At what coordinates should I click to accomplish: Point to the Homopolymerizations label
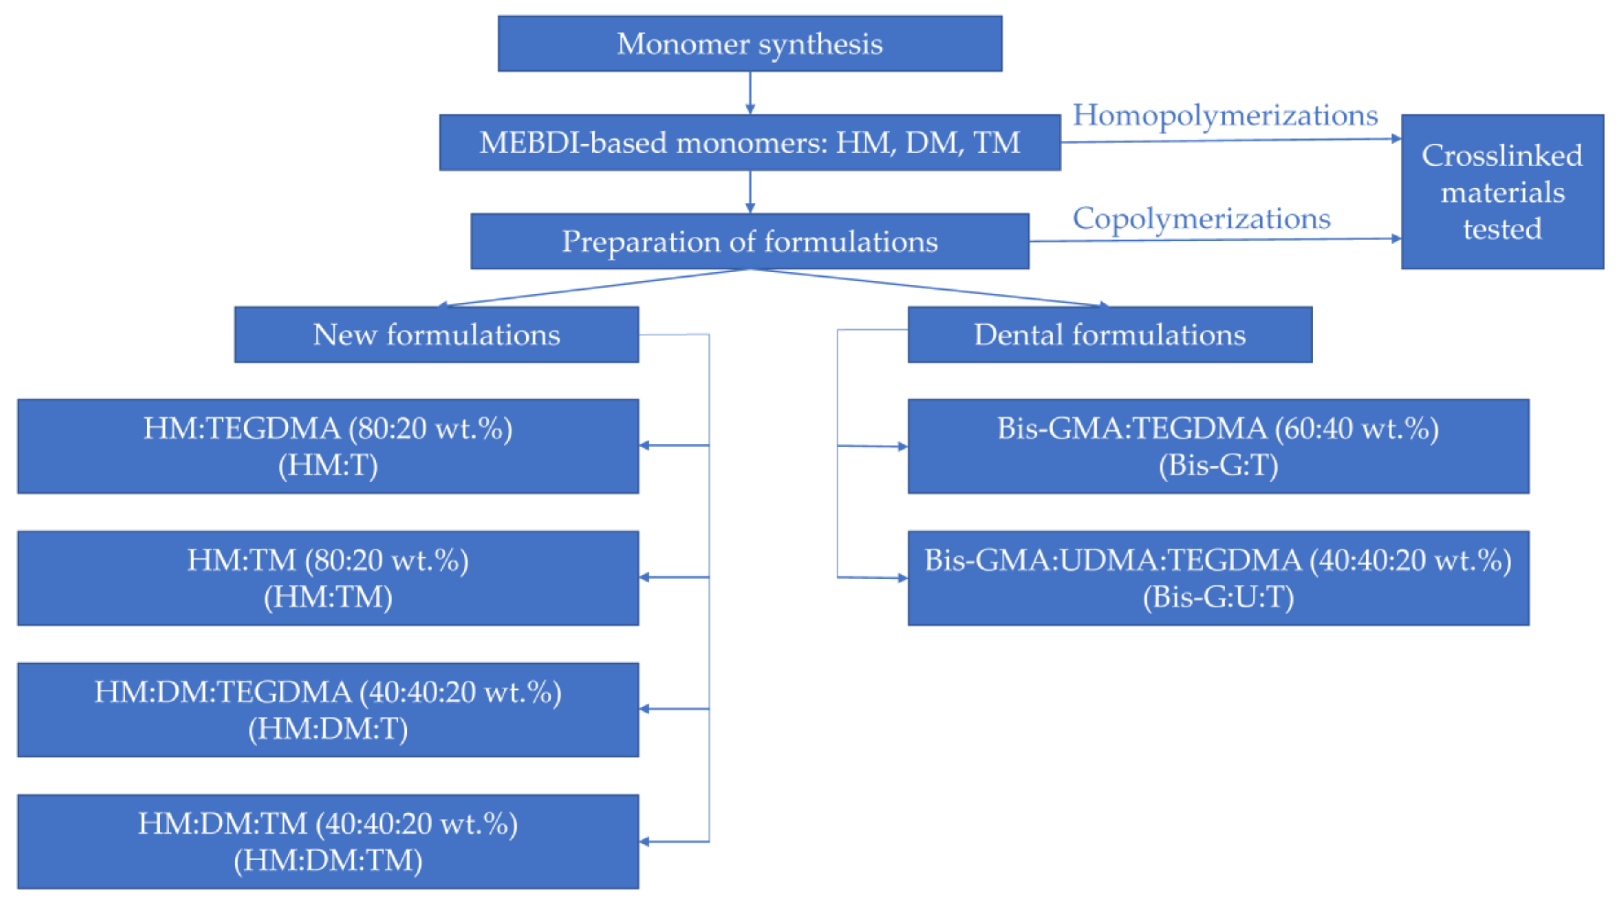pos(1225,115)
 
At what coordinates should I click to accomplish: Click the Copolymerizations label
pos(1201,219)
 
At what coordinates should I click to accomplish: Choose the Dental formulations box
pos(1109,335)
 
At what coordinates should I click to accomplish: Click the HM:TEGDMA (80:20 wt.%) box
pos(328,446)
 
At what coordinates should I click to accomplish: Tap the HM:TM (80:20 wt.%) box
pos(328,578)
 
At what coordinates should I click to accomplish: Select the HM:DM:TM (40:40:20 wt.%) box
pos(328,841)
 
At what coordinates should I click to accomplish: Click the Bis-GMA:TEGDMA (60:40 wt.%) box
pos(1218,446)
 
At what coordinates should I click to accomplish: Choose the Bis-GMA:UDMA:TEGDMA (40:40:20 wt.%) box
pos(1218,578)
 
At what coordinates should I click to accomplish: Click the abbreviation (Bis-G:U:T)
pos(1218,597)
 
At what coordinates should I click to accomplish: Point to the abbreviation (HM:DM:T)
pos(328,729)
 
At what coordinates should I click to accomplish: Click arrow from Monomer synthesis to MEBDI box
pos(750,93)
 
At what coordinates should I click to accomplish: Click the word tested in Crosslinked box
pos(1502,228)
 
